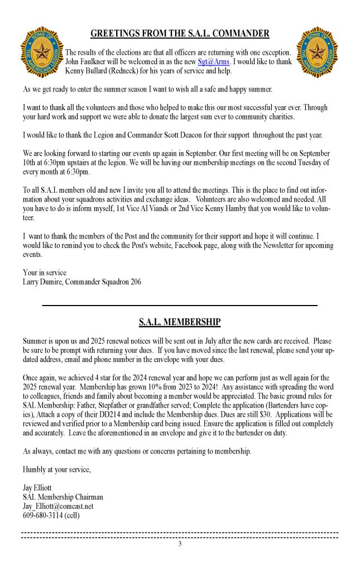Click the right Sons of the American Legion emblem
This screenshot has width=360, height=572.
(317, 52)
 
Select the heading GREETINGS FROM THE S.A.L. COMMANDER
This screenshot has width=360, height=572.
(180, 34)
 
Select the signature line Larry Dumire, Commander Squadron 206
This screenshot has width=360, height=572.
(82, 282)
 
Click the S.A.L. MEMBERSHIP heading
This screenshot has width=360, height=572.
(180, 322)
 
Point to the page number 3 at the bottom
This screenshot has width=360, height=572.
(180, 544)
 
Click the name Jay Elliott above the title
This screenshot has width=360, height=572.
(38, 488)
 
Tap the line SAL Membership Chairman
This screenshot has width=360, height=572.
(63, 497)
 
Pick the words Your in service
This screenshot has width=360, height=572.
(45, 273)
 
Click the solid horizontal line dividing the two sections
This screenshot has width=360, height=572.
(180, 306)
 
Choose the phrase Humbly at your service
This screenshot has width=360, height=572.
(57, 469)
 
